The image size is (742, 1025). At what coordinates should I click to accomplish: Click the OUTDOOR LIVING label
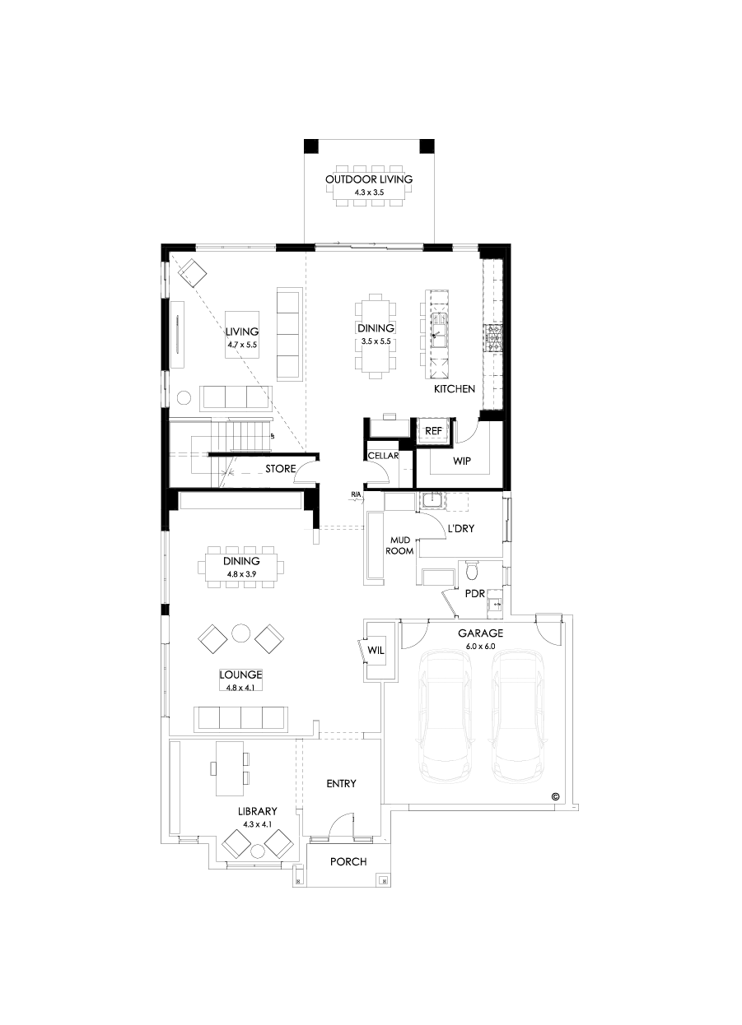coord(368,179)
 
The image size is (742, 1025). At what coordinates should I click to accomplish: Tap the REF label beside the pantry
coord(433,429)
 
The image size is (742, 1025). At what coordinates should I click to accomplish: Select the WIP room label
coord(461,461)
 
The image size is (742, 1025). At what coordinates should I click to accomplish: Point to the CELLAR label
coord(383,456)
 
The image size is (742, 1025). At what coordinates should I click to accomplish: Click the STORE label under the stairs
coord(280,470)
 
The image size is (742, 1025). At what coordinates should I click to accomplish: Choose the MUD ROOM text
coord(400,545)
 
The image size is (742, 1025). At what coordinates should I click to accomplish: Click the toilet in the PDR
coord(472,569)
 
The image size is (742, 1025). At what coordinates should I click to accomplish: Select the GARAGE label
coord(480,633)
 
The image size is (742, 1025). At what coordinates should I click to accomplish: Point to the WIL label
coord(376,650)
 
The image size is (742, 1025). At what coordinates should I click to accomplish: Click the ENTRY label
coord(341,783)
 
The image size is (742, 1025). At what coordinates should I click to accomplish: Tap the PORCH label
coord(348,861)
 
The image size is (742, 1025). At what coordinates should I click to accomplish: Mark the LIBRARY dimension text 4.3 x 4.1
coord(257,823)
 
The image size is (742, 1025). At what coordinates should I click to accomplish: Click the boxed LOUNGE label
coord(240,675)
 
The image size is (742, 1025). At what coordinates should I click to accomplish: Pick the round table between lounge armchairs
coord(240,633)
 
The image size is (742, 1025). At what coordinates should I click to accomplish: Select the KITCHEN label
coord(455,388)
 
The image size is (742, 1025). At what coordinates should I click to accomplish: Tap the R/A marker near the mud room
coord(356,495)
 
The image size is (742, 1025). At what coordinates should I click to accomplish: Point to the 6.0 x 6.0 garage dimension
coord(480,646)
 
